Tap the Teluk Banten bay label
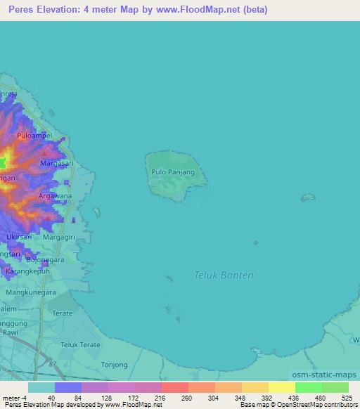pyautogui.click(x=224, y=275)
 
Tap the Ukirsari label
pyautogui.click(x=19, y=237)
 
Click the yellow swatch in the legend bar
pyautogui.click(x=281, y=387)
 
